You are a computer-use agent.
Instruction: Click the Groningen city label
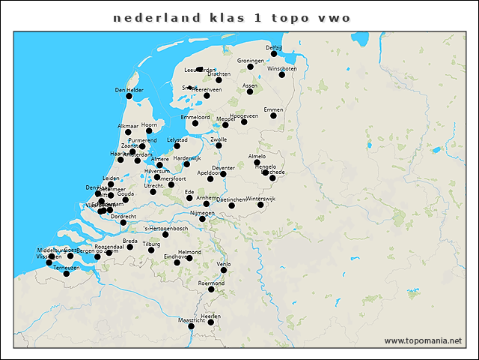251,60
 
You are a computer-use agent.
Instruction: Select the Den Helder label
129,90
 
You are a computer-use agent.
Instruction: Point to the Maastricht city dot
191,326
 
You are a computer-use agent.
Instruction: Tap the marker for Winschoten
282,74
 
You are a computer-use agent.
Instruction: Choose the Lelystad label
177,139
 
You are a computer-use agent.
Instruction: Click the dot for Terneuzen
66,274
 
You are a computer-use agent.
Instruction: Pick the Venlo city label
224,264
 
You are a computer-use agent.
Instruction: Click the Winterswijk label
261,198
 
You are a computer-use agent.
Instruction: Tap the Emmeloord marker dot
195,124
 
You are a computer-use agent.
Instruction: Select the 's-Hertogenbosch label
165,227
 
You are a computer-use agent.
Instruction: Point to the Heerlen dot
211,322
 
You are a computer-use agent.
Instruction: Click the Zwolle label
219,139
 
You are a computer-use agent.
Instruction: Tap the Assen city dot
250,91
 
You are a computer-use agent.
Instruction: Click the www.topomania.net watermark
423,340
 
